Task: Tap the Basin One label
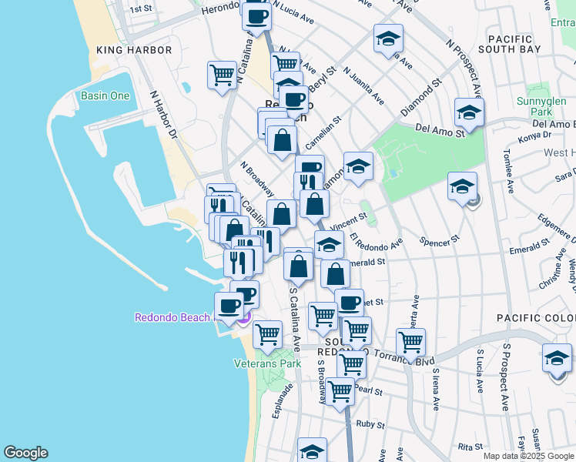point(105,96)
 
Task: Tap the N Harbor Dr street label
point(163,115)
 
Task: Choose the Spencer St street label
point(440,240)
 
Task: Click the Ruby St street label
point(370,424)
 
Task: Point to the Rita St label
point(469,447)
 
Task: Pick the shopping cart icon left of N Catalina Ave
point(222,75)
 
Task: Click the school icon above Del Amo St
point(468,113)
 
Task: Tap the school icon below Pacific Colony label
point(557,358)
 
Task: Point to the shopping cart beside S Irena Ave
point(410,341)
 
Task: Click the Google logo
point(25,453)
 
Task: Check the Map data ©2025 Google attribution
point(528,456)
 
